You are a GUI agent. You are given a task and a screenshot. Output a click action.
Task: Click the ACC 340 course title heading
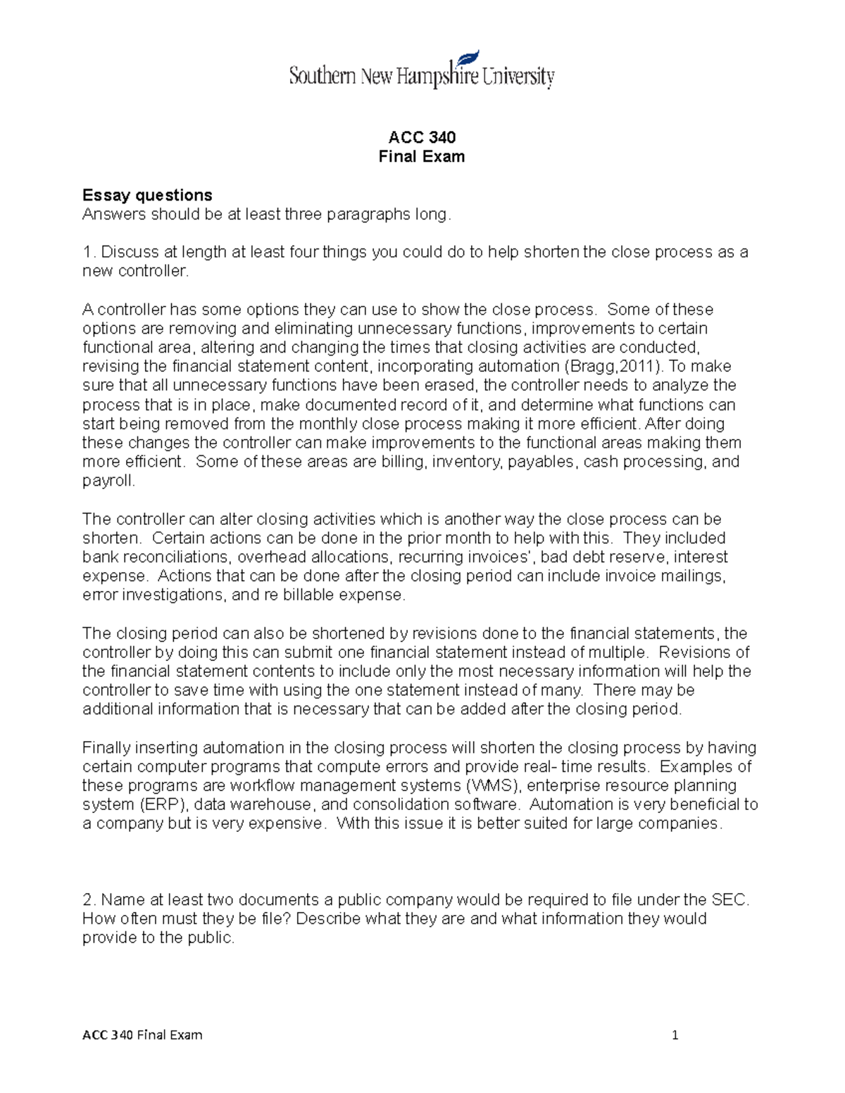(422, 137)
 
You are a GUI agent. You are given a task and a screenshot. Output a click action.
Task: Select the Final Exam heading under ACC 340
(422, 157)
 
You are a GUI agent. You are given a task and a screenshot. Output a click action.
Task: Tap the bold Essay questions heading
(147, 195)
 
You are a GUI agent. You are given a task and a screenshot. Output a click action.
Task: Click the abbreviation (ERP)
(161, 804)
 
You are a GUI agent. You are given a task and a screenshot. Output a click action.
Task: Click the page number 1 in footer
(675, 1035)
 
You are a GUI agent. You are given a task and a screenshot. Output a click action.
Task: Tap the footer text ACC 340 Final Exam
(142, 1035)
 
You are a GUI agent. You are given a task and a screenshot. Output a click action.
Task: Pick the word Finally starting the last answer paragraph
(106, 747)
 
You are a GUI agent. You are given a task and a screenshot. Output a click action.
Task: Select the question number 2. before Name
(89, 900)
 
